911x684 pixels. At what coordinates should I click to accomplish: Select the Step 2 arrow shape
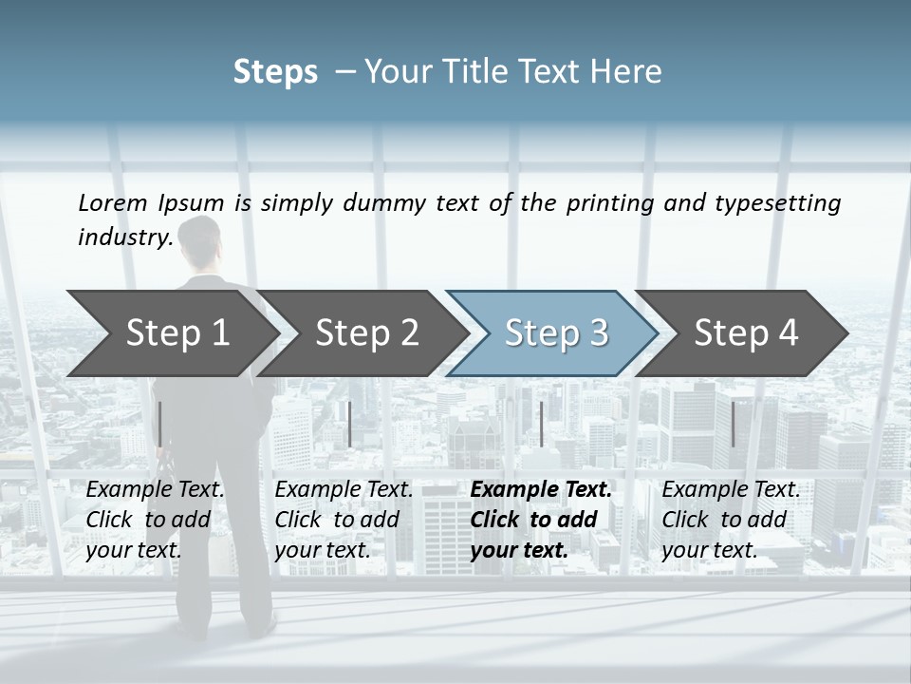(366, 333)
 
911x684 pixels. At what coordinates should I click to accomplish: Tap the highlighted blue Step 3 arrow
(555, 333)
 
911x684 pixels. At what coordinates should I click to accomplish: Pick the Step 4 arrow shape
(746, 333)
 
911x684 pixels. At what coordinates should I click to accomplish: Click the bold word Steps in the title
(275, 72)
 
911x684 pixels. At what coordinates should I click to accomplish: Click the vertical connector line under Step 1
(160, 424)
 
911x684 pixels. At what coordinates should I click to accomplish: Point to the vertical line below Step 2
(350, 424)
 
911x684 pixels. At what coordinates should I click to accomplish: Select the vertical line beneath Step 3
(541, 424)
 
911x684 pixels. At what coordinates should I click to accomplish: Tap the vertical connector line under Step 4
(733, 424)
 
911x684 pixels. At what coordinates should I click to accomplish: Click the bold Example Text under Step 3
(541, 490)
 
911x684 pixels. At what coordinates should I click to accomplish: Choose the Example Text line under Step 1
(156, 490)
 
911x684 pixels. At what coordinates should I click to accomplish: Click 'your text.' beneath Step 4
(709, 550)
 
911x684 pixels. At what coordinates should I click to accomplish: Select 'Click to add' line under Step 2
(337, 520)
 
